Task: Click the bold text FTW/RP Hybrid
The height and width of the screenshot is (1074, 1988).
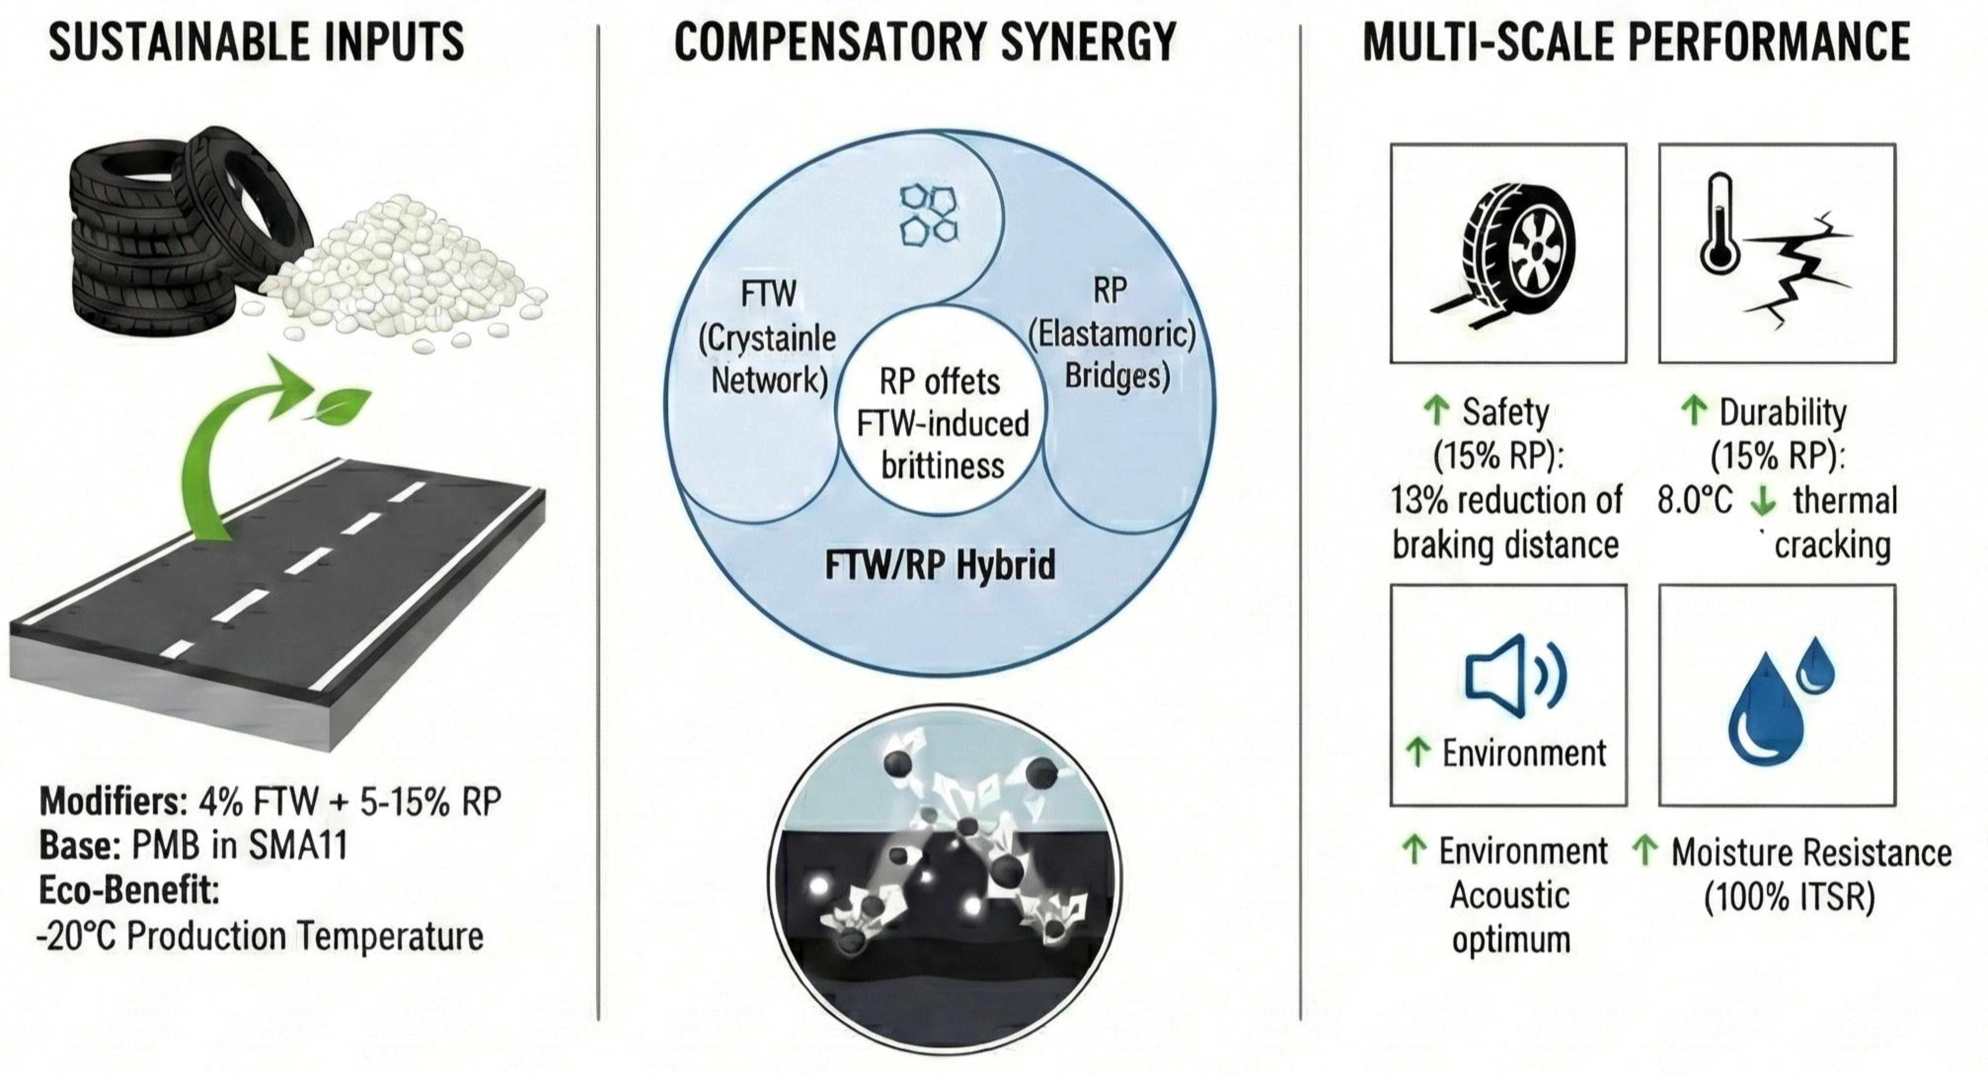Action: coord(940,565)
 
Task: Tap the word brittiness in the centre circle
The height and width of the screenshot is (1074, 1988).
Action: coord(942,466)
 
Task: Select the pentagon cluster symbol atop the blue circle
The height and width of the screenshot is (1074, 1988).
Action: coord(929,214)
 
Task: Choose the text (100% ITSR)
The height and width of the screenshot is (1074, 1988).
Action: coord(1789,897)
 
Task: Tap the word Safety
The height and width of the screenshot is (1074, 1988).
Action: coord(1505,413)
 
